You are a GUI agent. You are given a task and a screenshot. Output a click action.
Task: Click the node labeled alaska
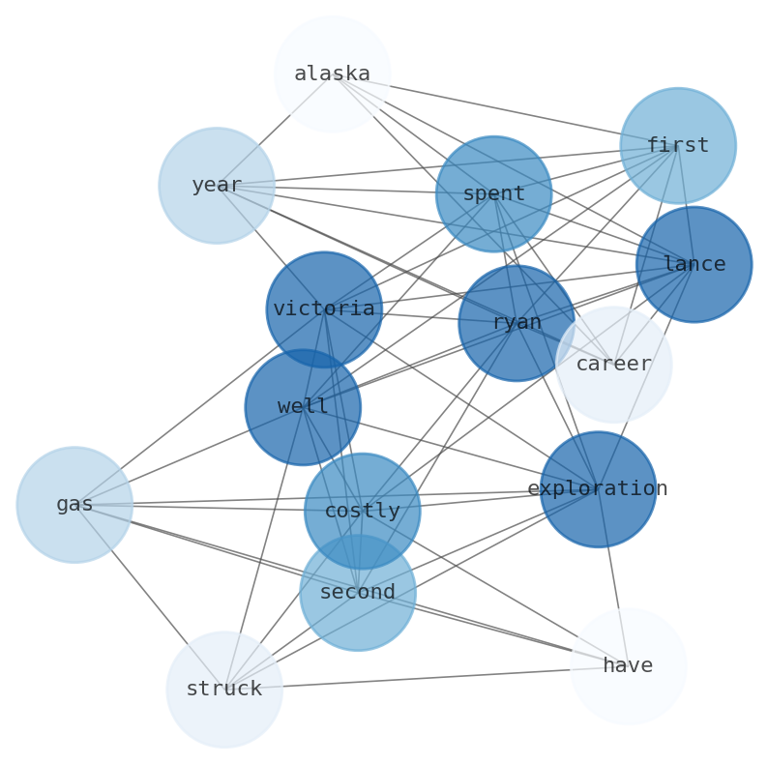click(332, 74)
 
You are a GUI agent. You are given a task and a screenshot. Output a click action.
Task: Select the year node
click(217, 186)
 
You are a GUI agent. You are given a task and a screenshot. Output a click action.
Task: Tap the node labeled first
click(677, 146)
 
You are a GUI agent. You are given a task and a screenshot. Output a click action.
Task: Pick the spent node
click(493, 194)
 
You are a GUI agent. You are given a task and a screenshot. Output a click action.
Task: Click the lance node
click(694, 264)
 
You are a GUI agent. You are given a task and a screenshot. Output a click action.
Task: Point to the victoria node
click(324, 309)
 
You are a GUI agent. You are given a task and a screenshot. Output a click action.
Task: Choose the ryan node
click(517, 323)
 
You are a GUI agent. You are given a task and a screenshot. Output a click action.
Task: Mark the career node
click(613, 365)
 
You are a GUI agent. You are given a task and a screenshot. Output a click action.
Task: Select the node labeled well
click(303, 407)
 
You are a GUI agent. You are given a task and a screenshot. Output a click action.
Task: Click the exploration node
click(598, 489)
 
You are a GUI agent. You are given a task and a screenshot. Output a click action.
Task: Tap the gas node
click(74, 505)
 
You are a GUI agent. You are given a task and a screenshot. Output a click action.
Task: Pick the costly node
click(362, 511)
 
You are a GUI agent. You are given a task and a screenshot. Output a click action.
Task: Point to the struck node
click(224, 690)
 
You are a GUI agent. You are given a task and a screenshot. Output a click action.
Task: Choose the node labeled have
click(628, 666)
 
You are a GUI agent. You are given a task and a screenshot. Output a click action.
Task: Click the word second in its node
click(358, 593)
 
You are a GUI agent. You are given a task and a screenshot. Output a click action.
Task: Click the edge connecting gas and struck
click(149, 597)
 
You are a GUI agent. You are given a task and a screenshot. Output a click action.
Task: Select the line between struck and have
click(426, 678)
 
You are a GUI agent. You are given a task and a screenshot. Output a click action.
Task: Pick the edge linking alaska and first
click(504, 110)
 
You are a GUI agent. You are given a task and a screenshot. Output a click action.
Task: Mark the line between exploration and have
click(612, 577)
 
